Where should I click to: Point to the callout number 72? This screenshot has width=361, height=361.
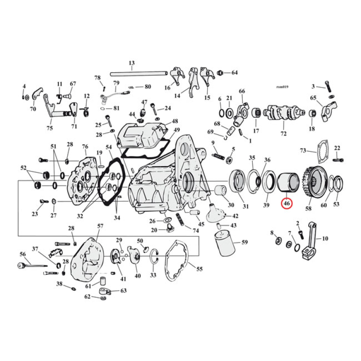click(283, 134)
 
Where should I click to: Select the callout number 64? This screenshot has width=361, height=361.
click(234, 73)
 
